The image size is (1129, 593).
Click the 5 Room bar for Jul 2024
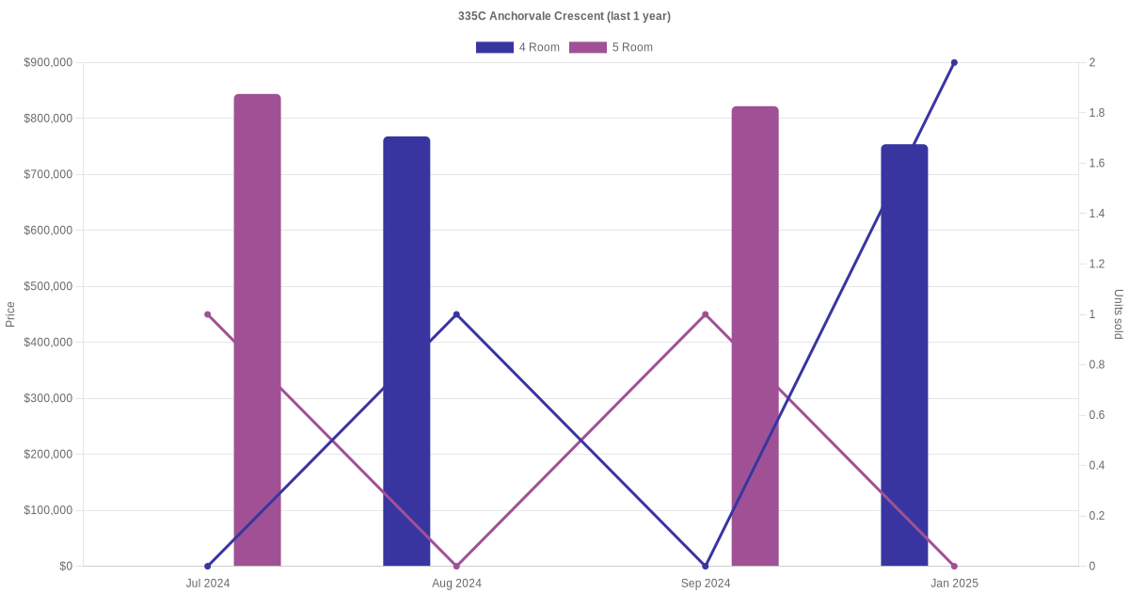[x=257, y=329]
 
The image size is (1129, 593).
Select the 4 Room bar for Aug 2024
[x=406, y=351]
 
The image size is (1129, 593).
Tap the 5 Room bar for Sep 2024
[x=755, y=336]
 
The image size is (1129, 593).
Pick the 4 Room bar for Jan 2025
[x=904, y=355]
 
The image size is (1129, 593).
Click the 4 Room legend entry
[x=517, y=47]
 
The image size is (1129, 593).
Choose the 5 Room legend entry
[x=611, y=47]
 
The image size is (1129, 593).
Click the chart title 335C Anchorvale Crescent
[x=564, y=16]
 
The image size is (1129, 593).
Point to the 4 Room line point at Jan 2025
[x=954, y=63]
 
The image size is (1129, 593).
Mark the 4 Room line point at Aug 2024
[x=456, y=314]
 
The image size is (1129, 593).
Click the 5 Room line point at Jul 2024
[x=208, y=314]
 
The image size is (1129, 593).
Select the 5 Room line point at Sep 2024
[x=706, y=314]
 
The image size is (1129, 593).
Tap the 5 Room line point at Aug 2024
[x=456, y=566]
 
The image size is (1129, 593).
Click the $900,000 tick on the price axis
[x=48, y=63]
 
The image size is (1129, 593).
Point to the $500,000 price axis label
[x=48, y=286]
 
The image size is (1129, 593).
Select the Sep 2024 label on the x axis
[x=706, y=584]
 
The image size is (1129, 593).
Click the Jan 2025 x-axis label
[x=954, y=584]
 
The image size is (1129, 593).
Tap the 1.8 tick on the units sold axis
[x=1098, y=113]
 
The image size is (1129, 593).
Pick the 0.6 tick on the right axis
[x=1098, y=415]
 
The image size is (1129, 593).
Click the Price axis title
[x=10, y=314]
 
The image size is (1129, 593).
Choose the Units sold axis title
[x=1119, y=314]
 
